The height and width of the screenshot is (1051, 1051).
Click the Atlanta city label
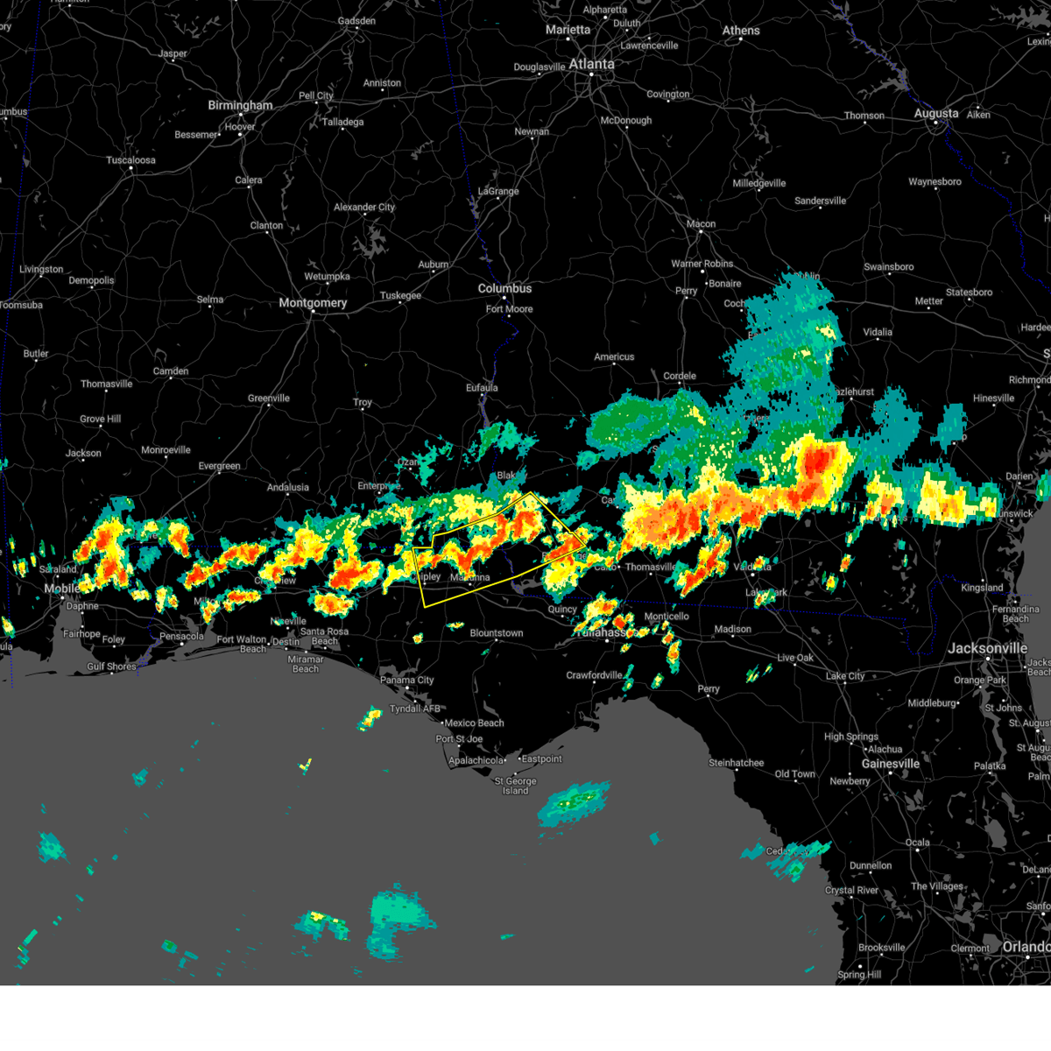591,64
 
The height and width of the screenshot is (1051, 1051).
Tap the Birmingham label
240,105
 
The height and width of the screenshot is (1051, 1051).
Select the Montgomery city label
313,303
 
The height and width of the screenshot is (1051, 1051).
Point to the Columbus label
504,288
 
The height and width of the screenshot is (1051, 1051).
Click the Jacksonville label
987,648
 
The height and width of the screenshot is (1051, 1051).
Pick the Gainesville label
890,764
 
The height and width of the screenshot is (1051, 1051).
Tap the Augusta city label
936,113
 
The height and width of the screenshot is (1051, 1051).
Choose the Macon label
701,224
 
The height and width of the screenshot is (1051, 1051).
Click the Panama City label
407,681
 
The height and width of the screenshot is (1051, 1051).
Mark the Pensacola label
181,637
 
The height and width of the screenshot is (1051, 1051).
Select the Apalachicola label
476,760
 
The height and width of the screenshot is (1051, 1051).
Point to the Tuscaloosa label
130,160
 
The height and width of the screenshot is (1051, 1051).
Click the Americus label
614,356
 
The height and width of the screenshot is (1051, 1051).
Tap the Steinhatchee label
736,763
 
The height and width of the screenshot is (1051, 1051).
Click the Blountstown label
497,633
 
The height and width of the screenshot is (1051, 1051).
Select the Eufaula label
482,388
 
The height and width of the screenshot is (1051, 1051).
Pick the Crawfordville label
594,675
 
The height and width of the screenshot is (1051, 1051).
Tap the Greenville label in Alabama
268,399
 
